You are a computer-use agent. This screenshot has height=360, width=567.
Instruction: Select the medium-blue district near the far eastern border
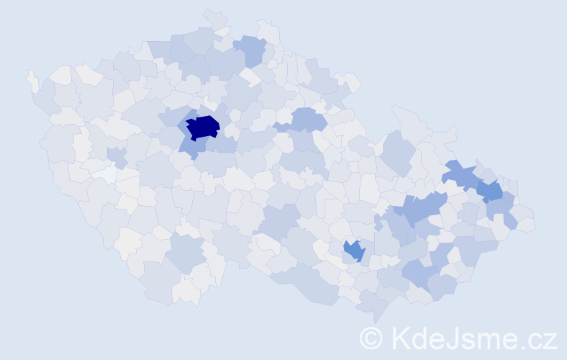pyautogui.click(x=490, y=191)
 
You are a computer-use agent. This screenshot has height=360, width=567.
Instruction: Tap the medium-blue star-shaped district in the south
pyautogui.click(x=354, y=251)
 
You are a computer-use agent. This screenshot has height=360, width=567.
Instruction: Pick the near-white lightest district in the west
pyautogui.click(x=105, y=174)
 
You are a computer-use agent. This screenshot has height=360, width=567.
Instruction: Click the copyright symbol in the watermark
pyautogui.click(x=371, y=338)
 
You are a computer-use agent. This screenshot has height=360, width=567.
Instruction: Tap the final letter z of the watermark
pyautogui.click(x=550, y=340)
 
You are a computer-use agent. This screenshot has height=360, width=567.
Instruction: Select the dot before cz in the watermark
pyautogui.click(x=524, y=346)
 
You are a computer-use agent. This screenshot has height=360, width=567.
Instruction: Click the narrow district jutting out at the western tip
pyautogui.click(x=32, y=80)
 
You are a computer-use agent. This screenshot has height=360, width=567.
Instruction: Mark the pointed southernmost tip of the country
pyautogui.click(x=375, y=320)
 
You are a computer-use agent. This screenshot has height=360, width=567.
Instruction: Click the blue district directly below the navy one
pyautogui.click(x=190, y=147)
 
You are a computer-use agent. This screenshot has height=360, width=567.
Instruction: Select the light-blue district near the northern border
pyautogui.click(x=250, y=50)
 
